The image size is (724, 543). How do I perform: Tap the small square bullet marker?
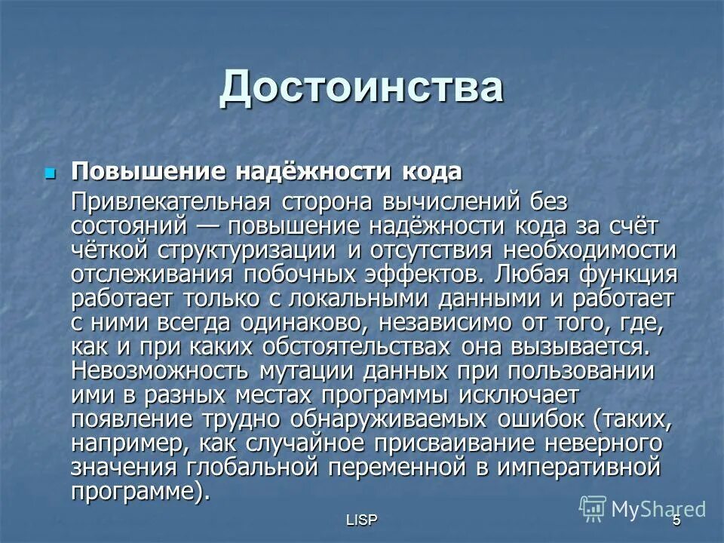pyautogui.click(x=51, y=172)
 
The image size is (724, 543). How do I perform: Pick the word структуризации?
pyautogui.click(x=252, y=250)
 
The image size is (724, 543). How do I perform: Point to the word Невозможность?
pyautogui.click(x=160, y=372)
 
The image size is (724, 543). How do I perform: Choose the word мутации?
pyautogui.click(x=306, y=372)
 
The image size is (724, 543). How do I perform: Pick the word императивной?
pyautogui.click(x=578, y=468)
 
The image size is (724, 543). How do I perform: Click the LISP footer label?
pyautogui.click(x=362, y=521)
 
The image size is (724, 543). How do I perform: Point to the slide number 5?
pyautogui.click(x=676, y=521)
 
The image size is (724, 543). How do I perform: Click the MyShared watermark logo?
pyautogui.click(x=643, y=509)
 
